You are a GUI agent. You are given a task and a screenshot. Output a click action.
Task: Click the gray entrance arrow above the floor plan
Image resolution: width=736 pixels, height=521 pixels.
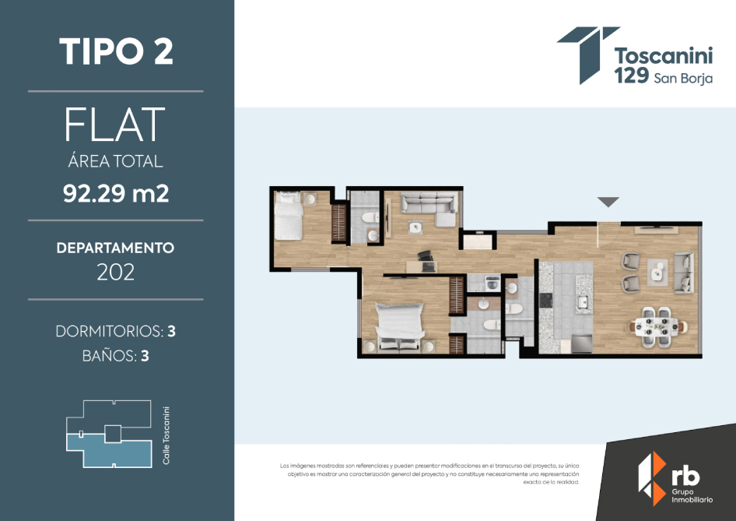[608, 202]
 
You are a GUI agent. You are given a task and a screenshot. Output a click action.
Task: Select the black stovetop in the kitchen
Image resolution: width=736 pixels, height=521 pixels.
[546, 300]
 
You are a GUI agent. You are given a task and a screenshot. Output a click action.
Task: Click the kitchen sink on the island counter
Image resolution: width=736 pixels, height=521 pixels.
[584, 301]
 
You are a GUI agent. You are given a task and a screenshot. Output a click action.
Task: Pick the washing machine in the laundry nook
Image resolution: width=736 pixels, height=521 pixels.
[492, 283]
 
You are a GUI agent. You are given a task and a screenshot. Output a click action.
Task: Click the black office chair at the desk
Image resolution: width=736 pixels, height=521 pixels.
[426, 258]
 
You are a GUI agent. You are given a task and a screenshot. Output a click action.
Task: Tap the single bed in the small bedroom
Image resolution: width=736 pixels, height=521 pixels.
[288, 216]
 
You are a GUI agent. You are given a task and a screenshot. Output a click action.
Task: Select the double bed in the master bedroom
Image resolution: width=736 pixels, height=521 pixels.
[399, 326]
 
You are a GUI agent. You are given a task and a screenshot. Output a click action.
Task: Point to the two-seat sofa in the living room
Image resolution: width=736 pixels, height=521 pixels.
[684, 273]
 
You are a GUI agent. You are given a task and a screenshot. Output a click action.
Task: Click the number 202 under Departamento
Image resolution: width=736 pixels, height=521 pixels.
[115, 272]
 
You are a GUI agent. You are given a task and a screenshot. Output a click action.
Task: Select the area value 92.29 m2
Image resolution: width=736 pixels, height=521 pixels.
[116, 193]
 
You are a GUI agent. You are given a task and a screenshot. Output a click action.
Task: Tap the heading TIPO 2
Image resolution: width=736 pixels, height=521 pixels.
[116, 51]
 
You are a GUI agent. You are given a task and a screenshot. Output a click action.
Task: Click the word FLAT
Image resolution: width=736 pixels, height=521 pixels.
[115, 124]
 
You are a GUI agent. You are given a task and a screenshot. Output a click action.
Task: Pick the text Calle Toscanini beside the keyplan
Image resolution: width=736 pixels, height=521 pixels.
[166, 435]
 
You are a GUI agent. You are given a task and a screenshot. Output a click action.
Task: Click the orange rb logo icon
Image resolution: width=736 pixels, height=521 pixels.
[652, 478]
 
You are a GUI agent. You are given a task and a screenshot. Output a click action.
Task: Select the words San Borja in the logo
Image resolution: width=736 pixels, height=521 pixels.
[683, 78]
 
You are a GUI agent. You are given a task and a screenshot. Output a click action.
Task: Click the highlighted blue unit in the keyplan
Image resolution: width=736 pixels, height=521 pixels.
[109, 451]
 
